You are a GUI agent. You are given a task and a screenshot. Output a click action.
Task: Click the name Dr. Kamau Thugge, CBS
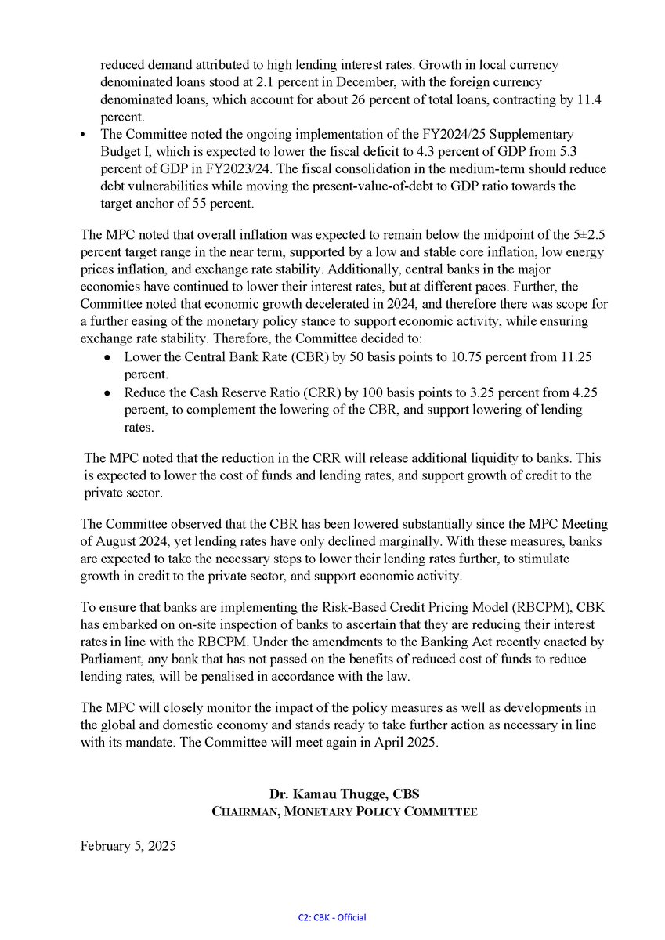coord(345,794)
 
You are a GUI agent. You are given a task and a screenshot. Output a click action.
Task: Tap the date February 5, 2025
coord(128,846)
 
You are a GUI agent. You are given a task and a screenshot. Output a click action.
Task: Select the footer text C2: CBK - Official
coord(332,917)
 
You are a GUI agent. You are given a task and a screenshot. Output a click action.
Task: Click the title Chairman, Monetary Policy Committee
coord(345,812)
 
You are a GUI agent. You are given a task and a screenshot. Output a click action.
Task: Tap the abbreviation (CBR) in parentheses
coord(292,356)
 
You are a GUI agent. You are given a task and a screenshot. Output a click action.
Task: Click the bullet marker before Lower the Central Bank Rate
coord(108,357)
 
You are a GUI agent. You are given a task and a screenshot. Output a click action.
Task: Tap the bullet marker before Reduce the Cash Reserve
coord(108,392)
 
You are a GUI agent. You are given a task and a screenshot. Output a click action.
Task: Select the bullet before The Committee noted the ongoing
coord(84,135)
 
